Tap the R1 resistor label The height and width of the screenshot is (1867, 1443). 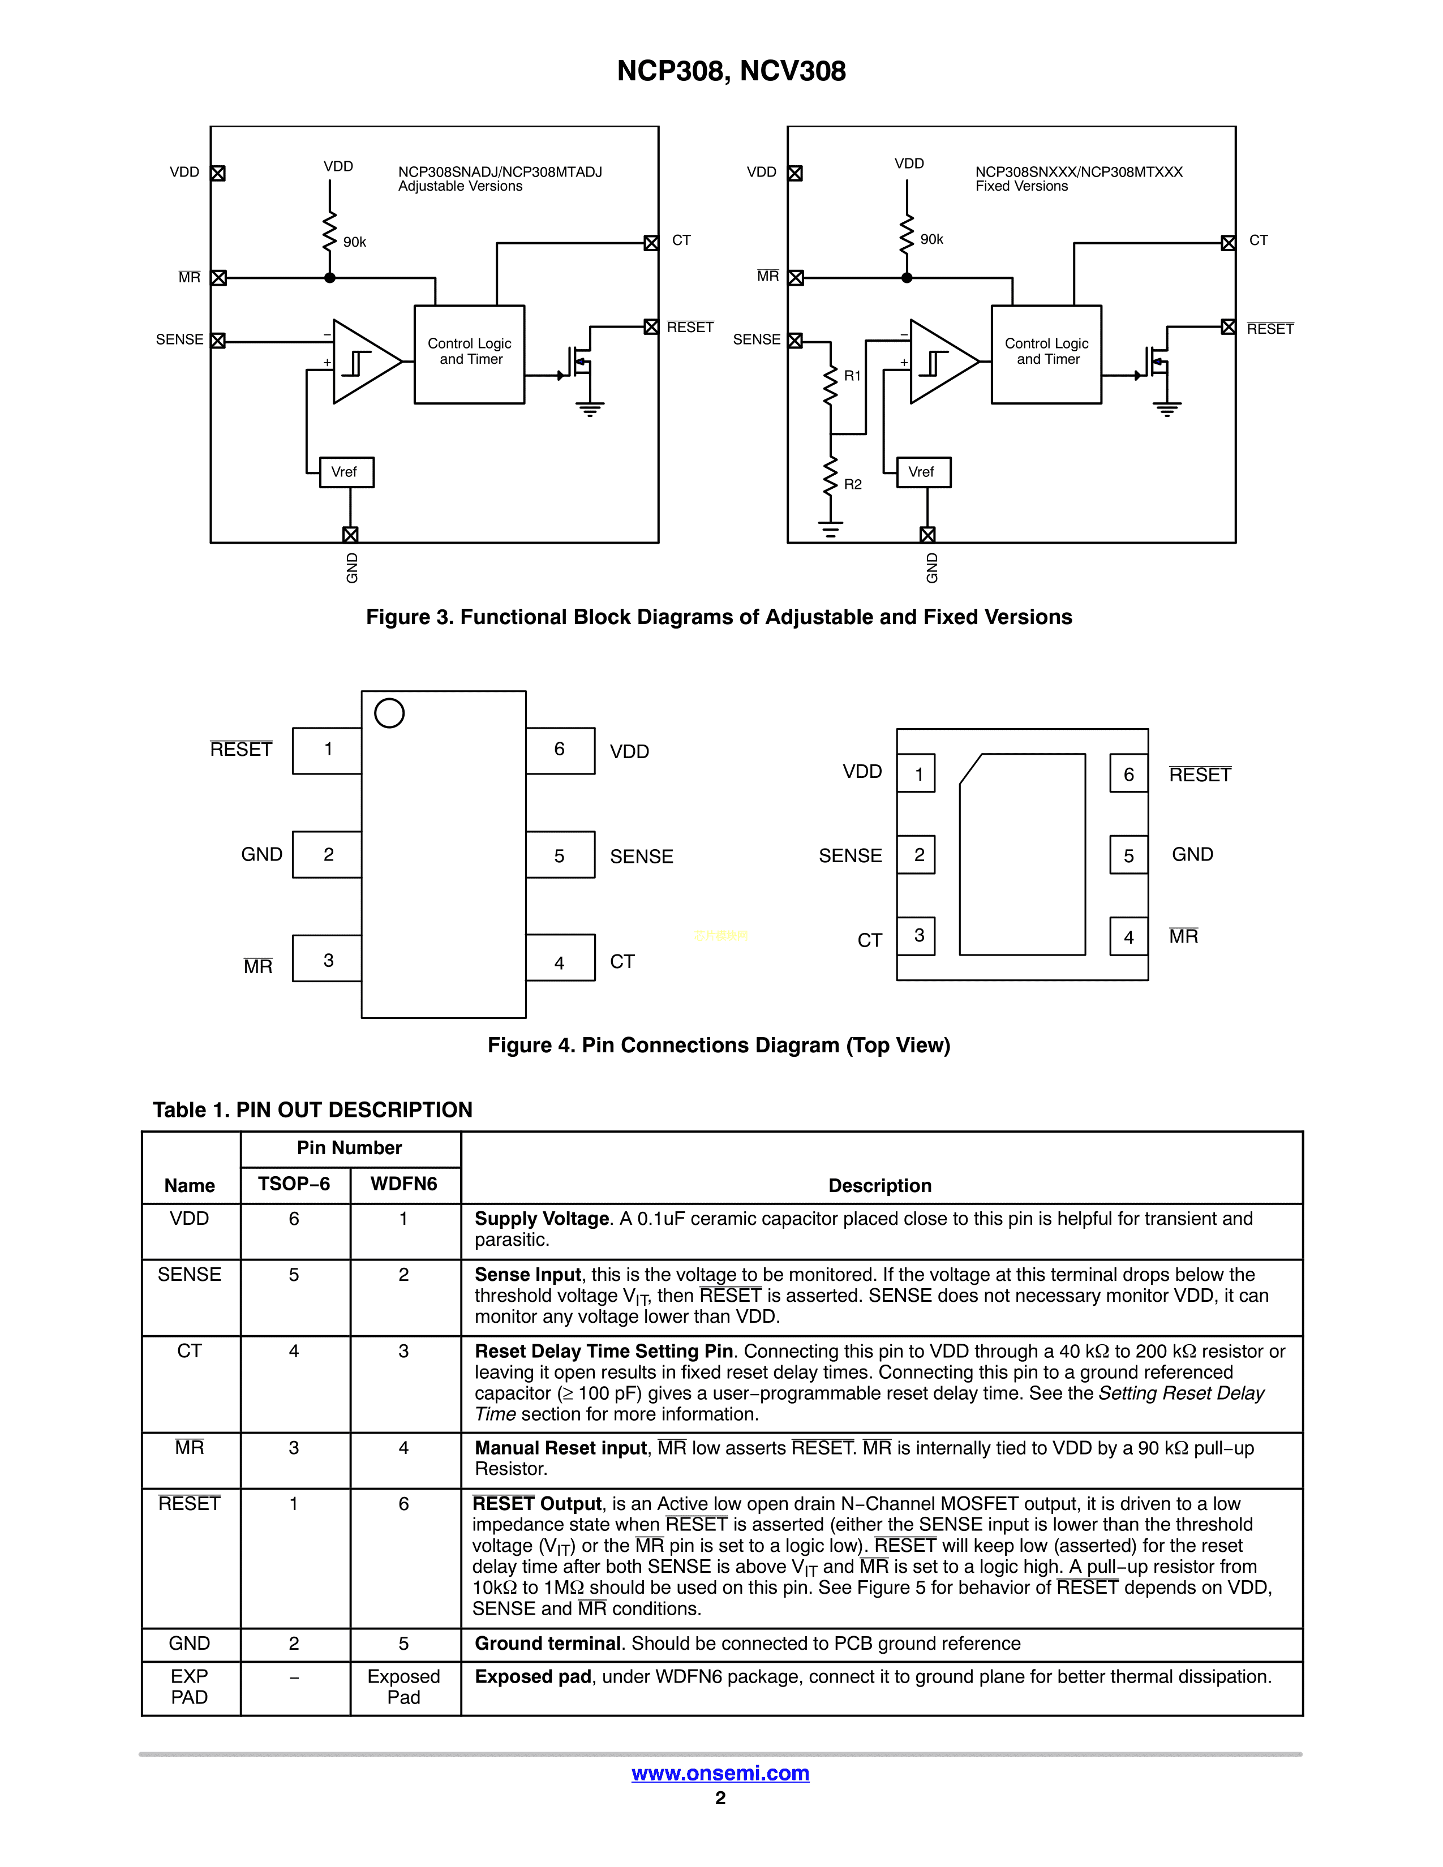pyautogui.click(x=852, y=375)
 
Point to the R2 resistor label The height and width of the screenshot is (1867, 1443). pyautogui.click(x=852, y=484)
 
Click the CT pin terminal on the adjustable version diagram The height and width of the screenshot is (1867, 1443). pyautogui.click(x=651, y=243)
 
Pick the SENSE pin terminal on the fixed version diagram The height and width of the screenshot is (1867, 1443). pyautogui.click(x=795, y=340)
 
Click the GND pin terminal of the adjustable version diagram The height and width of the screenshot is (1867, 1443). pyautogui.click(x=350, y=534)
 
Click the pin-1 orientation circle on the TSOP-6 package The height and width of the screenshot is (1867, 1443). pyautogui.click(x=389, y=713)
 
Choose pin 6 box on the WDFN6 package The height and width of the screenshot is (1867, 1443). pyautogui.click(x=1128, y=773)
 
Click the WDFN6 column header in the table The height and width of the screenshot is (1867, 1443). pyautogui.click(x=403, y=1184)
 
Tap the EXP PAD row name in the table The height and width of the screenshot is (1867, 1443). pyautogui.click(x=190, y=1687)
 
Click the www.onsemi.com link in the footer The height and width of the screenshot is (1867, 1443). pyautogui.click(x=720, y=1773)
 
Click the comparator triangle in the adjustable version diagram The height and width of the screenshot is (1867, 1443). pyautogui.click(x=363, y=362)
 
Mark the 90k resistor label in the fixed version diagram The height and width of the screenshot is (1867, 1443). pyautogui.click(x=932, y=239)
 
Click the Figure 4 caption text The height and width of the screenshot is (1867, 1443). pyautogui.click(x=719, y=1046)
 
